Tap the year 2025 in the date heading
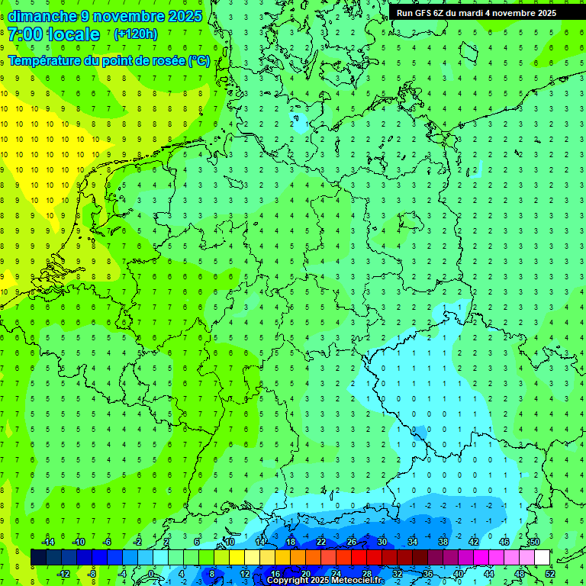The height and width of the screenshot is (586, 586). (183, 16)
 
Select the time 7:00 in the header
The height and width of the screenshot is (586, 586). (24, 34)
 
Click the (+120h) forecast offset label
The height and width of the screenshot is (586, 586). (135, 34)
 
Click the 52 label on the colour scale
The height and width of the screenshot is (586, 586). (549, 574)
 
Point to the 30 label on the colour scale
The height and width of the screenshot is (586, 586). (382, 542)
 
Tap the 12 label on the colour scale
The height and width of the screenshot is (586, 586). (245, 574)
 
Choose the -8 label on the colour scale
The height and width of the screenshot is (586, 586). (92, 574)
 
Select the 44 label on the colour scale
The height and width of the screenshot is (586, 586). (488, 574)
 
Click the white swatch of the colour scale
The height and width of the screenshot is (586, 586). (542, 558)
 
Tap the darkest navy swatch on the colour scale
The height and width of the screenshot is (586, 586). (38, 558)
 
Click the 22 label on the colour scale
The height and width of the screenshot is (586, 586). (321, 542)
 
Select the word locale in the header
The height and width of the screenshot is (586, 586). (72, 34)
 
